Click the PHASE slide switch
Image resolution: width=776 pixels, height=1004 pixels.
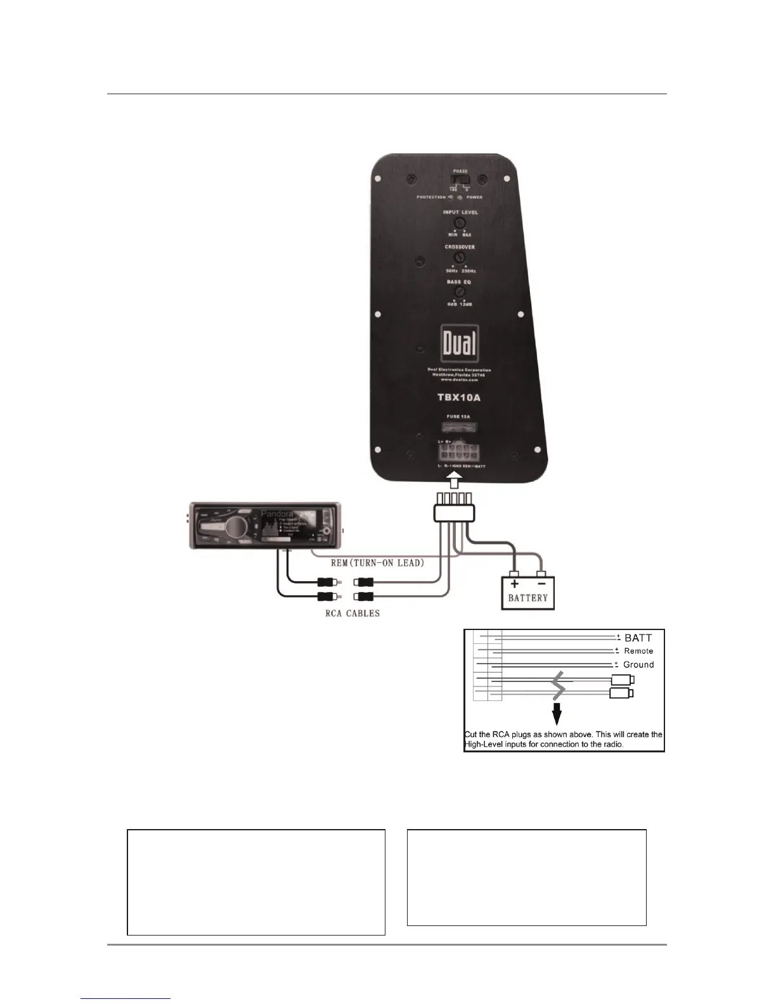point(460,181)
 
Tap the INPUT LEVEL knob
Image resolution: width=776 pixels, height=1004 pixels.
point(460,223)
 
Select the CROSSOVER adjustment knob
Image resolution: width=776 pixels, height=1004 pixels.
point(460,258)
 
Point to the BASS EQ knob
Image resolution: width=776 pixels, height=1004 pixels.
point(460,292)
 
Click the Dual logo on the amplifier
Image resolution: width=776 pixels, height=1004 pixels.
point(460,345)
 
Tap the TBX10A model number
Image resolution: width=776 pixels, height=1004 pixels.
point(459,397)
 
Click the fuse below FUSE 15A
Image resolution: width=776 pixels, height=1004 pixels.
point(460,428)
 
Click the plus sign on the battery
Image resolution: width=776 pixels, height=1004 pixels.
point(514,584)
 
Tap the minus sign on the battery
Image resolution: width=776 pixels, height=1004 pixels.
point(542,584)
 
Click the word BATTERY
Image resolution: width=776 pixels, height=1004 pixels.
point(527,597)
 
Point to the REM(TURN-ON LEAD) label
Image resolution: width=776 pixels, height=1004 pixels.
point(377,563)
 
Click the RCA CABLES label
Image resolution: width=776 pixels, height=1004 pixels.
point(352,614)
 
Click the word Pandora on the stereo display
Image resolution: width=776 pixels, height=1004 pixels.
point(277,513)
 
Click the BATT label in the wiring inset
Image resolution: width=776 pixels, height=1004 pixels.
point(638,638)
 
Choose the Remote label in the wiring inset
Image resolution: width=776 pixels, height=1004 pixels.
point(638,651)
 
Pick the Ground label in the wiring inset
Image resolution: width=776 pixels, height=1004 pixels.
point(638,665)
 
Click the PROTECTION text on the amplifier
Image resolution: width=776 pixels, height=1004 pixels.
point(431,197)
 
